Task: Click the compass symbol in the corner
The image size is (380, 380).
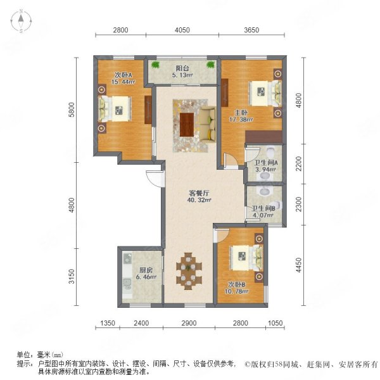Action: [21, 21]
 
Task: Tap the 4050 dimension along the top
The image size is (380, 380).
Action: [182, 30]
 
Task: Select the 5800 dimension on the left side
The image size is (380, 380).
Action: [72, 110]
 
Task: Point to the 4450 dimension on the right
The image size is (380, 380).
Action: [299, 265]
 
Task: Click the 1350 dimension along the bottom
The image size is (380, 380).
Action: [108, 323]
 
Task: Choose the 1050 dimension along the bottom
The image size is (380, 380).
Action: [275, 323]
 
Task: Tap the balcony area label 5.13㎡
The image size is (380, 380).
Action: [182, 75]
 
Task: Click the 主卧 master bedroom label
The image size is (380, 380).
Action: [241, 113]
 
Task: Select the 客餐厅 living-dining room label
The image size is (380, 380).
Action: [199, 193]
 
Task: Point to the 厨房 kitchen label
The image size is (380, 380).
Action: [146, 270]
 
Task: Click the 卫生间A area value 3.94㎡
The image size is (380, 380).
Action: [265, 169]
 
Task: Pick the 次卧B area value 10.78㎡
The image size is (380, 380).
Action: [236, 291]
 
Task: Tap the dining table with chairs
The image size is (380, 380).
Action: [189, 271]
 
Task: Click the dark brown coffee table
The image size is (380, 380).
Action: [187, 125]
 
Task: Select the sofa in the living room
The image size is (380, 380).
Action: [208, 123]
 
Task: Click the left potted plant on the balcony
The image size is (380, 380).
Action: [155, 65]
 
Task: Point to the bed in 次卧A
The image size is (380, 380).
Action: [115, 109]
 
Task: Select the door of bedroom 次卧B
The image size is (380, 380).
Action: [221, 235]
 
